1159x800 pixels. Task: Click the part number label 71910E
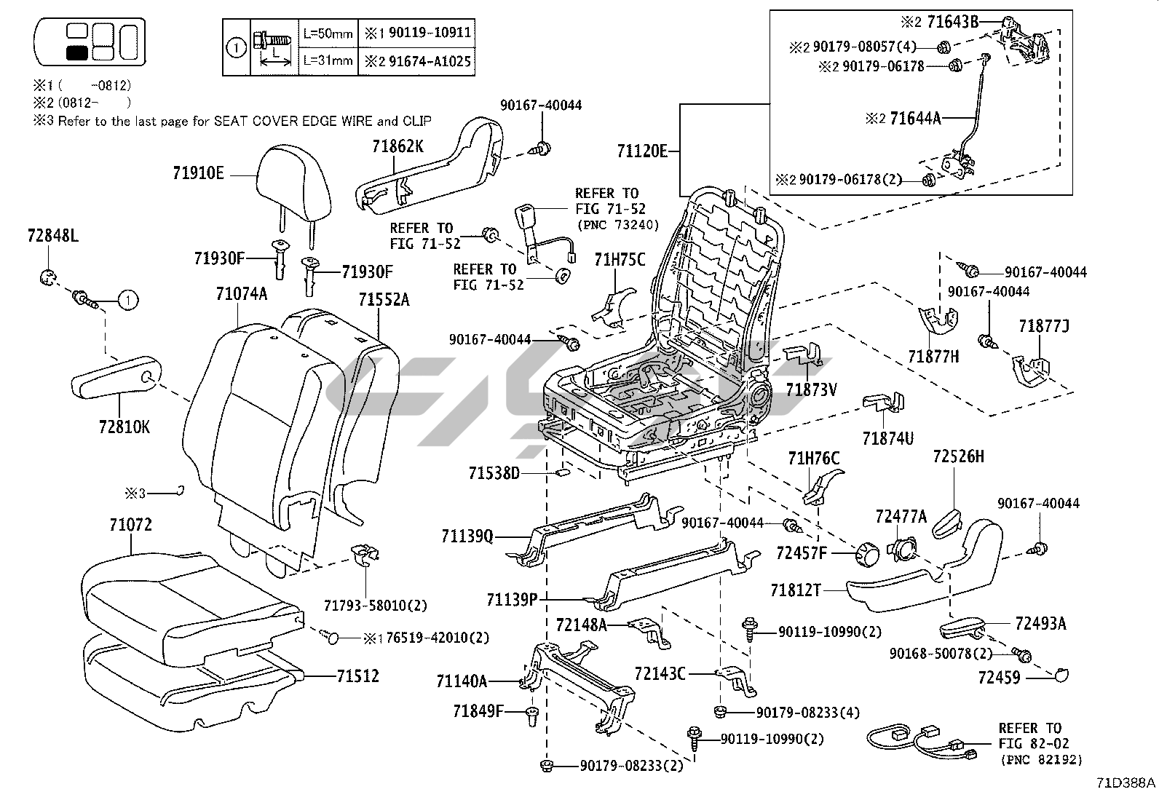[198, 173]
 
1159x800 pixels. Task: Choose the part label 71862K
[397, 146]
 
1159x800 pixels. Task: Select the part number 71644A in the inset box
[914, 118]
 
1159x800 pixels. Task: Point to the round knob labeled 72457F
[866, 554]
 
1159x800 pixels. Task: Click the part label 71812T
[796, 590]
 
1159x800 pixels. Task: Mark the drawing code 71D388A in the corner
[1126, 783]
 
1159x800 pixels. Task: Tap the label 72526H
[958, 456]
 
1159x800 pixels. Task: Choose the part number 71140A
[461, 681]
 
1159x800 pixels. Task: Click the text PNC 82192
[1040, 759]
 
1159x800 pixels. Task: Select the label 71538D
[494, 474]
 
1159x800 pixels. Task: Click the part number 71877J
[1043, 326]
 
